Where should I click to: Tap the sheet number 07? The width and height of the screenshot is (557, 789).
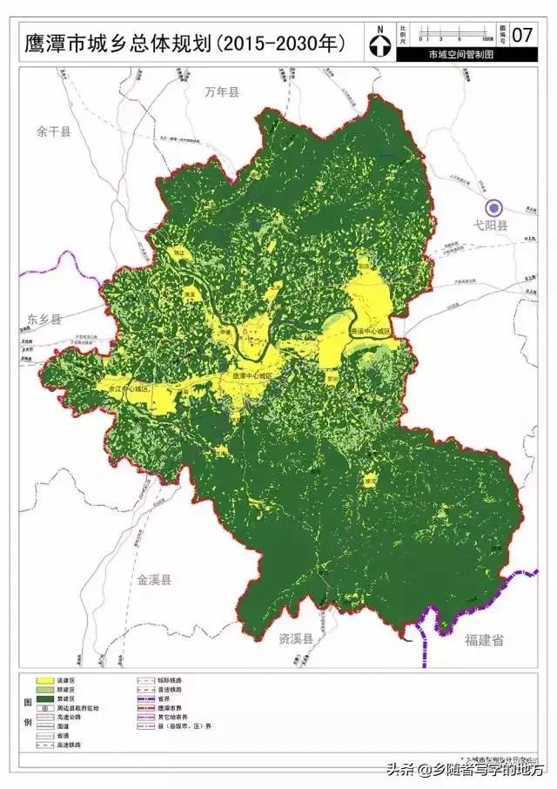[x=523, y=36]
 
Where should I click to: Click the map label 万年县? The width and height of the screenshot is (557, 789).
[x=222, y=91]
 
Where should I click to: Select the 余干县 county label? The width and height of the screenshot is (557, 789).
[x=53, y=131]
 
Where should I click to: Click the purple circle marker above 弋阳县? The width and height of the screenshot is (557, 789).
[x=493, y=208]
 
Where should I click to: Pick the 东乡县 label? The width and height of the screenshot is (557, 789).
[x=44, y=319]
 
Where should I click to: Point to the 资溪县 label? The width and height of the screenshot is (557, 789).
[x=296, y=638]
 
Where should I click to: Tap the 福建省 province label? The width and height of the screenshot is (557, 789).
[x=484, y=640]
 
